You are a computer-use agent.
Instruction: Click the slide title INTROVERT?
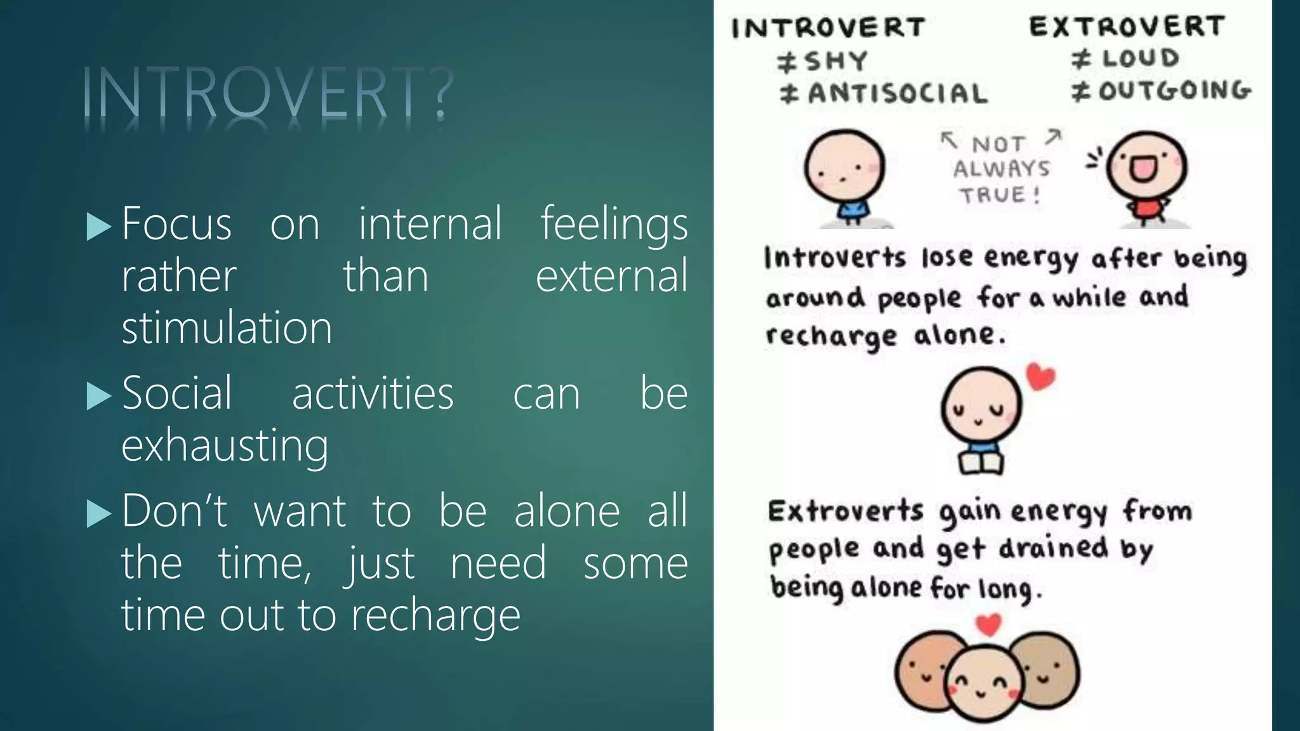click(x=268, y=94)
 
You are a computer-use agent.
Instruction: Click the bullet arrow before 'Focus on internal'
click(x=98, y=227)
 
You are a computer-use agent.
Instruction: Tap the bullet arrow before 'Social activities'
click(x=98, y=396)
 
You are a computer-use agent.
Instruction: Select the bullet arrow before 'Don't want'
click(x=98, y=513)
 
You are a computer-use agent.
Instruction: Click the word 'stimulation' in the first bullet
click(x=227, y=328)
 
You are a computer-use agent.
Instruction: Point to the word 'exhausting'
click(x=225, y=445)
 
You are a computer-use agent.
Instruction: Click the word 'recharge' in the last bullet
click(x=435, y=616)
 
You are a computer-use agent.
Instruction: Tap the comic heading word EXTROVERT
click(x=1127, y=27)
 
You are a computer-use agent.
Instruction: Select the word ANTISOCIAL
click(x=898, y=94)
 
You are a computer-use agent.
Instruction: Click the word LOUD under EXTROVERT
click(x=1141, y=58)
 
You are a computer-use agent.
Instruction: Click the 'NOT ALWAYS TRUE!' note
click(x=1001, y=169)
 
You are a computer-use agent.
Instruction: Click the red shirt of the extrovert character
click(x=1146, y=208)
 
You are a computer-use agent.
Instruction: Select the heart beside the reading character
click(x=1040, y=376)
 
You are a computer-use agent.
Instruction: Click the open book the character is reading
click(x=981, y=463)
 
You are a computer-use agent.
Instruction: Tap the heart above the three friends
click(x=988, y=625)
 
